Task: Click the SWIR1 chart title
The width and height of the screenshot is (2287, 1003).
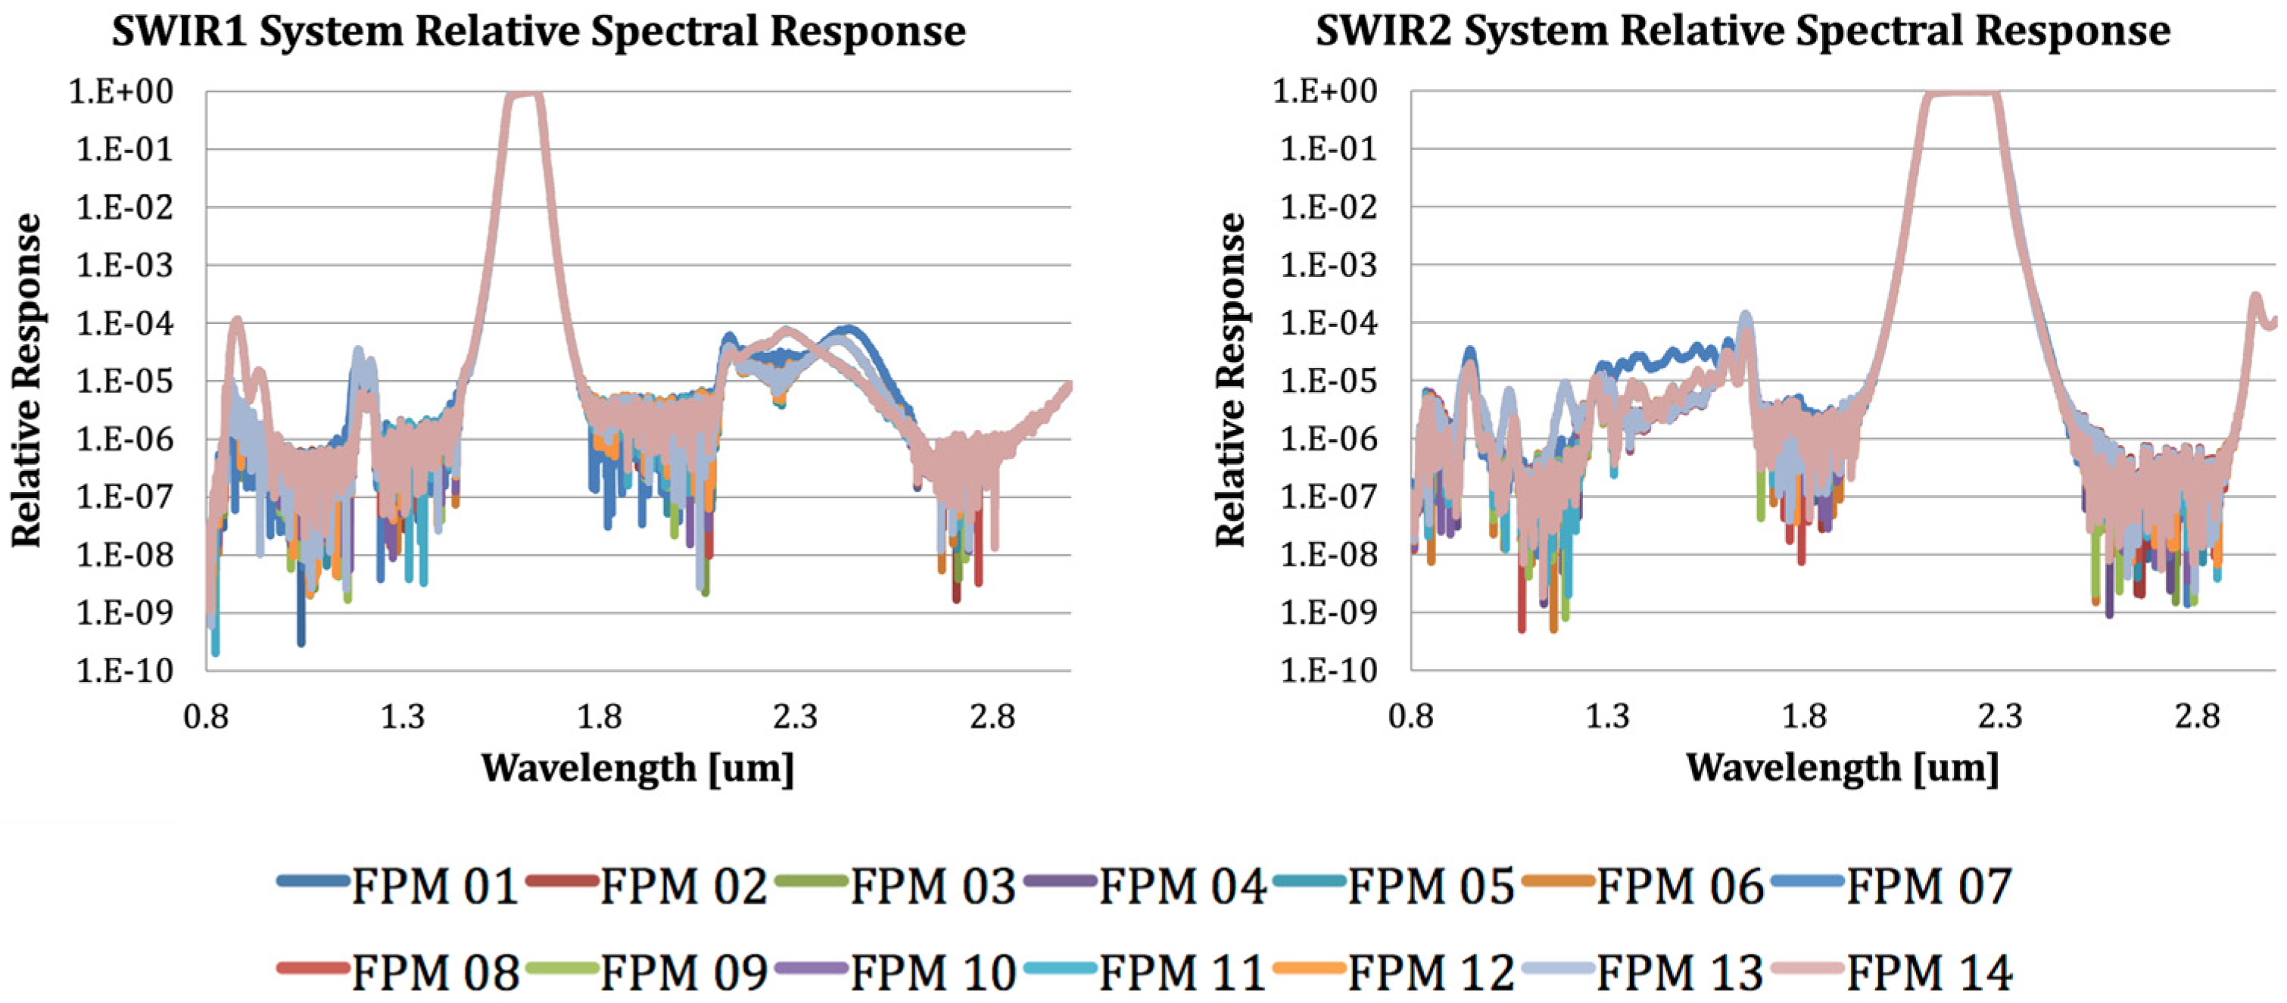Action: pos(538,32)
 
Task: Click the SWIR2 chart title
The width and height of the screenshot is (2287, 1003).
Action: pos(1742,32)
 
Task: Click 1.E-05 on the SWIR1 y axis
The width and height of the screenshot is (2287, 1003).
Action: pos(124,382)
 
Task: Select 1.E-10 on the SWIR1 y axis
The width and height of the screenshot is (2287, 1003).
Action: pos(124,671)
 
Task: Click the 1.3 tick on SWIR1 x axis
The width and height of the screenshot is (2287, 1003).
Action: pos(402,715)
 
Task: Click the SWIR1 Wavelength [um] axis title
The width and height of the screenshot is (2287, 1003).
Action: pos(637,768)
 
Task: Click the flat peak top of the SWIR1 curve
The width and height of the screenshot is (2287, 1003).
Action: pos(524,94)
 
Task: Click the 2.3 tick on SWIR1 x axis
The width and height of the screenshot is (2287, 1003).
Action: pos(795,715)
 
